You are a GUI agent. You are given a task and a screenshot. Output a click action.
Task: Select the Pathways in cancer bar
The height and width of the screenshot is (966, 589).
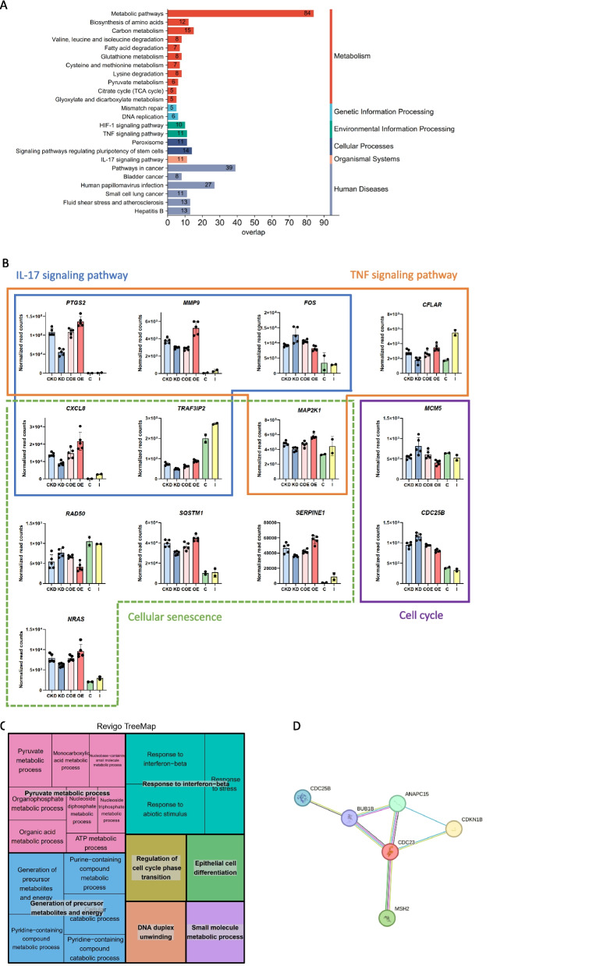coord(201,168)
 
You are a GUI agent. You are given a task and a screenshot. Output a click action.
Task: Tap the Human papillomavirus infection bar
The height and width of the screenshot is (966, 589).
coord(191,185)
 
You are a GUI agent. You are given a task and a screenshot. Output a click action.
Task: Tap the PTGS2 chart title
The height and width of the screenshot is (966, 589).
coord(59,300)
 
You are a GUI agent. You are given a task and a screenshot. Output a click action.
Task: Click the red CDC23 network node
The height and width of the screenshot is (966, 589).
coord(396,851)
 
